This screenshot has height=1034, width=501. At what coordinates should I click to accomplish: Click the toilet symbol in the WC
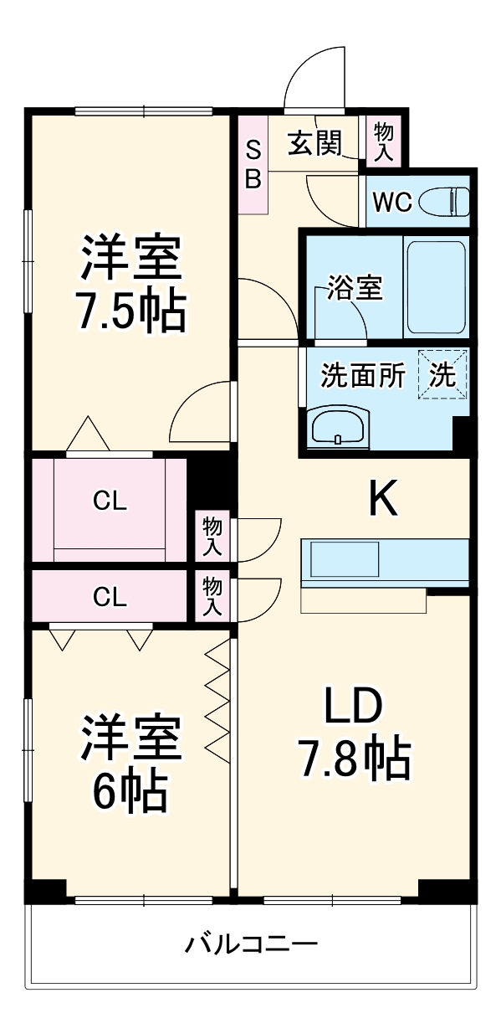[444, 201]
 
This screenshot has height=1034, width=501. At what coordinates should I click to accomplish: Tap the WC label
[392, 202]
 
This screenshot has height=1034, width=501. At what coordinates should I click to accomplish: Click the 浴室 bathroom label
[355, 287]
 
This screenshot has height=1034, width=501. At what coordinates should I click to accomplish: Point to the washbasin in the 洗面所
[339, 426]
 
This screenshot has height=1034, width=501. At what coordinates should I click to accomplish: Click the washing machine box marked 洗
[443, 374]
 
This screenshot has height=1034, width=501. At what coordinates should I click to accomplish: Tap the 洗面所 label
[363, 375]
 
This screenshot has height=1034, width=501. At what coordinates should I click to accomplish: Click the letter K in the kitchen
[383, 497]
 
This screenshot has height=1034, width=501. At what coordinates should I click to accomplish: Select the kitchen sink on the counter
[345, 559]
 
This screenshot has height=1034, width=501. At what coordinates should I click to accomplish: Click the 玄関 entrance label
[315, 142]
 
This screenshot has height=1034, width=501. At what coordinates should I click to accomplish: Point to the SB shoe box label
[253, 164]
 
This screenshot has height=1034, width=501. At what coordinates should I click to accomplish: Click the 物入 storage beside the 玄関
[384, 141]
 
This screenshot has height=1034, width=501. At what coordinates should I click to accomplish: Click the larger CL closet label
[110, 501]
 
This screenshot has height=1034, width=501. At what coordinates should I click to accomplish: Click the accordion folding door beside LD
[217, 702]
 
